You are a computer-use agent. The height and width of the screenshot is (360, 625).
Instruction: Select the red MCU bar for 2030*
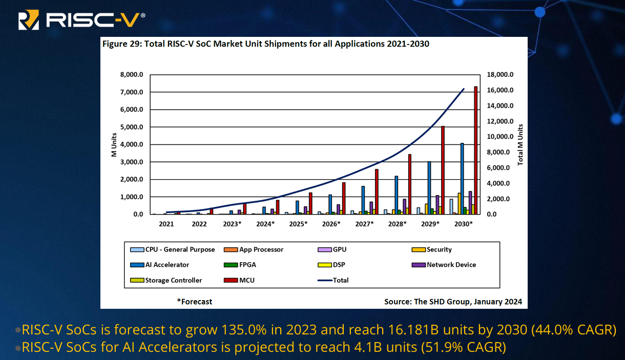(475, 151)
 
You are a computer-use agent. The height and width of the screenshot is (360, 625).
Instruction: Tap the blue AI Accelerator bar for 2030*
(462, 179)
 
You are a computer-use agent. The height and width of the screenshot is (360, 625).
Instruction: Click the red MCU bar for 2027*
(377, 192)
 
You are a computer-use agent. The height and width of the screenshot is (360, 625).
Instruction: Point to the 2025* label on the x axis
(298, 224)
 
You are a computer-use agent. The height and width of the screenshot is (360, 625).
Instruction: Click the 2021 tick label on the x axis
(166, 224)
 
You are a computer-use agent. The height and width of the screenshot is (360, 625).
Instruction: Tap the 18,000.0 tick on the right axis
(499, 75)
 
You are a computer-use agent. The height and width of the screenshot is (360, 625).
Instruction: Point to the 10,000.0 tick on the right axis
(499, 137)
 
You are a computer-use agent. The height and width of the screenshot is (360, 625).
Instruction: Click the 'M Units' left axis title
(114, 145)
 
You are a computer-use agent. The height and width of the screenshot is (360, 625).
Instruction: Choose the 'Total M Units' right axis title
(520, 144)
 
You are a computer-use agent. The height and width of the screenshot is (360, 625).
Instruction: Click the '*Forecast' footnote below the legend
(195, 302)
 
